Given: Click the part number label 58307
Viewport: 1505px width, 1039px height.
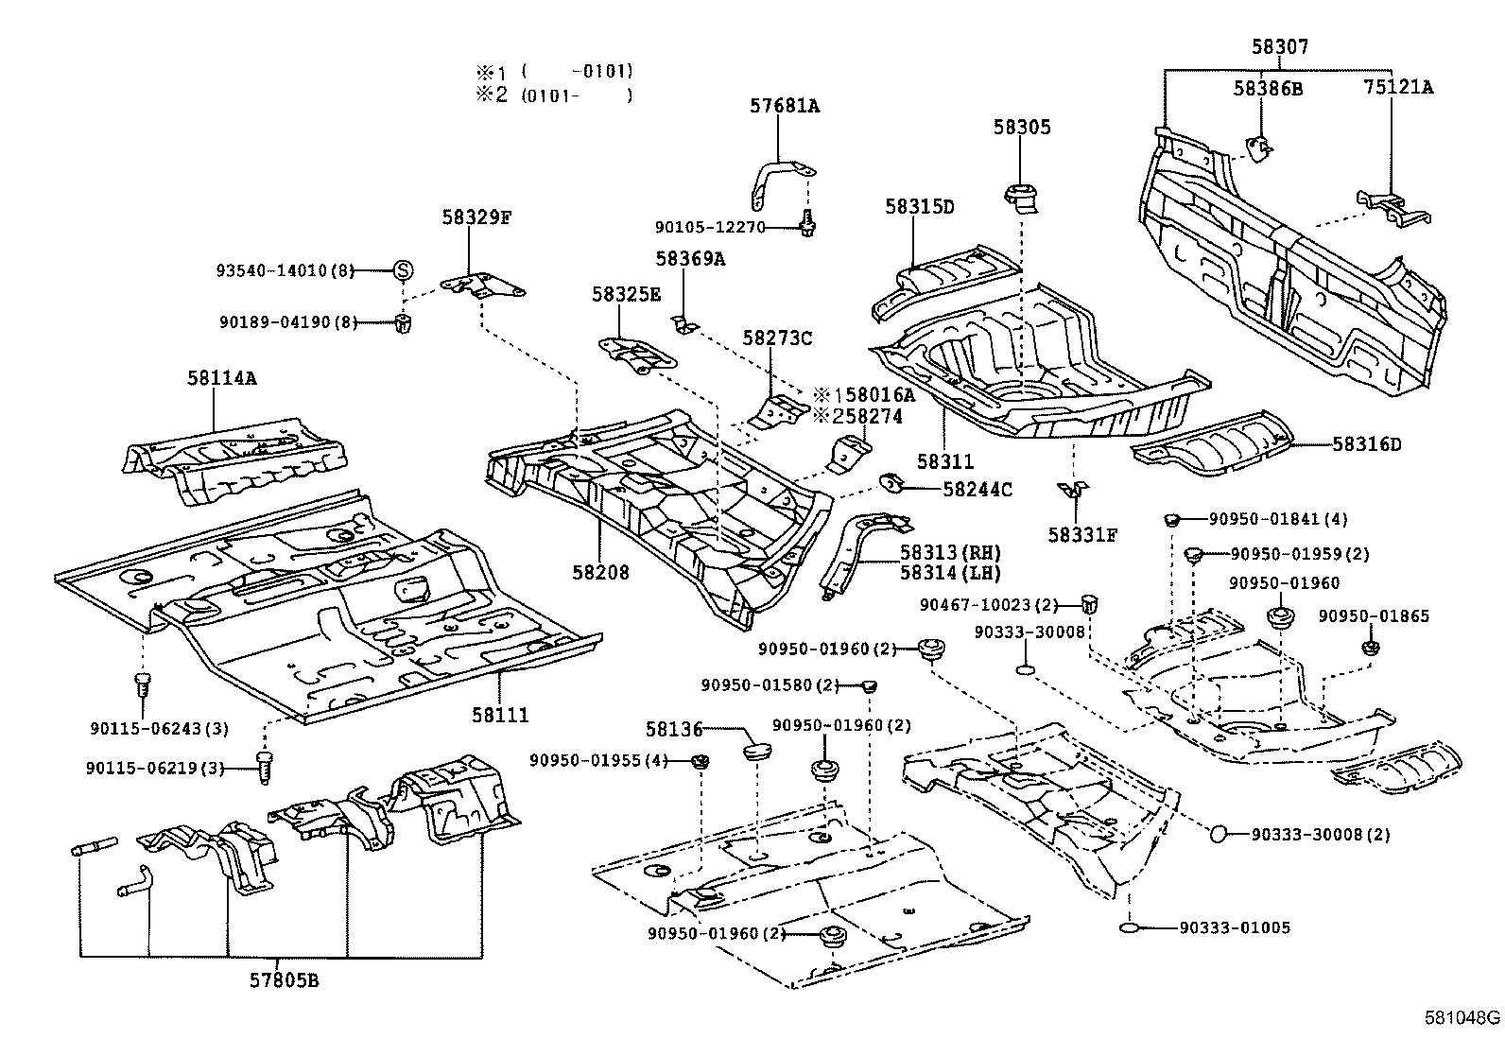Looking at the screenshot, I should pos(1280,46).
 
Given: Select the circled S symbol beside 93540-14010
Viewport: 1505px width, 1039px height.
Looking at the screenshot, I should pos(403,270).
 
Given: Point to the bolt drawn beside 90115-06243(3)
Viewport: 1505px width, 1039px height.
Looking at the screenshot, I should pos(143,684).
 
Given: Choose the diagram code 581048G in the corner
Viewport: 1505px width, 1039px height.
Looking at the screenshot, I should pos(1462,1018).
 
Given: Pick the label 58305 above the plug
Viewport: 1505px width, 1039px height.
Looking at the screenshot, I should pos(1021,127).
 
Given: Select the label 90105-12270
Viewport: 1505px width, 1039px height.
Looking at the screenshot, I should pos(709,227).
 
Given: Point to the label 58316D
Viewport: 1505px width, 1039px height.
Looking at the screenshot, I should pos(1366,443).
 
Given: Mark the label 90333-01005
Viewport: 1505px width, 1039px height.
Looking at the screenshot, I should pos(1234,927).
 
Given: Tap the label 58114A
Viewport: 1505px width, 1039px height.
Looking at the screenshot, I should pos(221,378).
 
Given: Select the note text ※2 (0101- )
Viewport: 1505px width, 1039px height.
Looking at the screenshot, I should pos(553,95).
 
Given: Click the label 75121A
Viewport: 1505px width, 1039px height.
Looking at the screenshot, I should pos(1397,87).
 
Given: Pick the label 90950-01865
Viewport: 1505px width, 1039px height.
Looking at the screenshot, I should pos(1374,616).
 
